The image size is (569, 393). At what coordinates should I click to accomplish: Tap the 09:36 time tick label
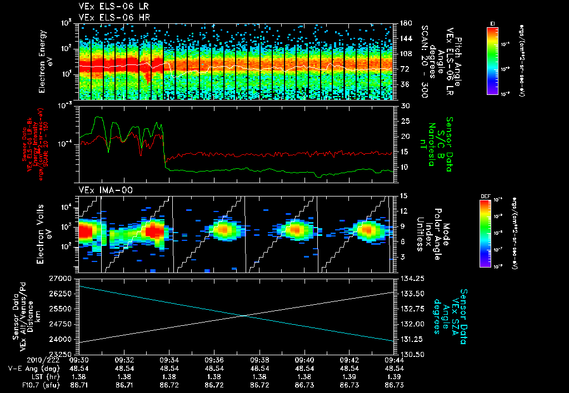click(214, 360)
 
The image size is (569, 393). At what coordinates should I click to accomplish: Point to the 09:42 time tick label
click(349, 360)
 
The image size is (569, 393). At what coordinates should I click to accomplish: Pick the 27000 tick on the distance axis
click(62, 278)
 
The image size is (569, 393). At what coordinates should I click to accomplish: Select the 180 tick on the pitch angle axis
click(406, 23)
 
